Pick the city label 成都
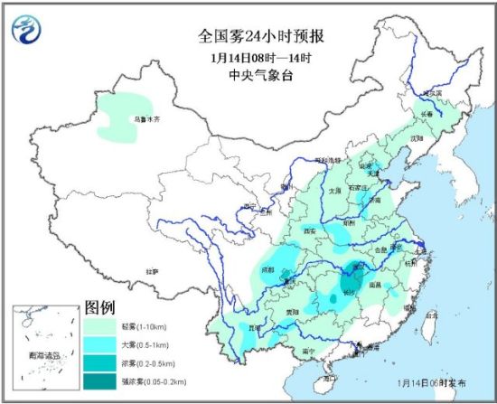268,268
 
